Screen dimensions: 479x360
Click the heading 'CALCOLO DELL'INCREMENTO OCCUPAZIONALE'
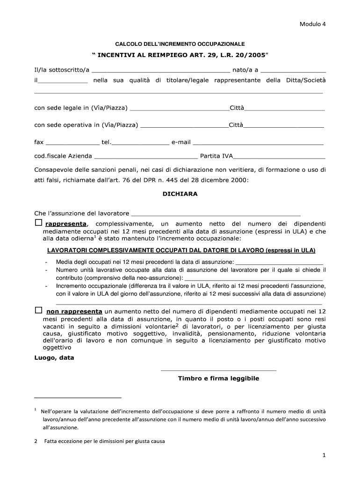tap(180, 44)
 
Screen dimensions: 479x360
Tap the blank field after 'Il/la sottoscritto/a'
tap(161, 71)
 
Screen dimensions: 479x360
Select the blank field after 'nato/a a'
tap(293, 71)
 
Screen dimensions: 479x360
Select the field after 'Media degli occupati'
tap(279, 263)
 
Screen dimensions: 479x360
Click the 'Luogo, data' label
tap(54, 358)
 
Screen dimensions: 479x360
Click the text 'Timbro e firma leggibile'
tap(218, 378)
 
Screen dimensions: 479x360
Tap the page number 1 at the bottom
tap(323, 455)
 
